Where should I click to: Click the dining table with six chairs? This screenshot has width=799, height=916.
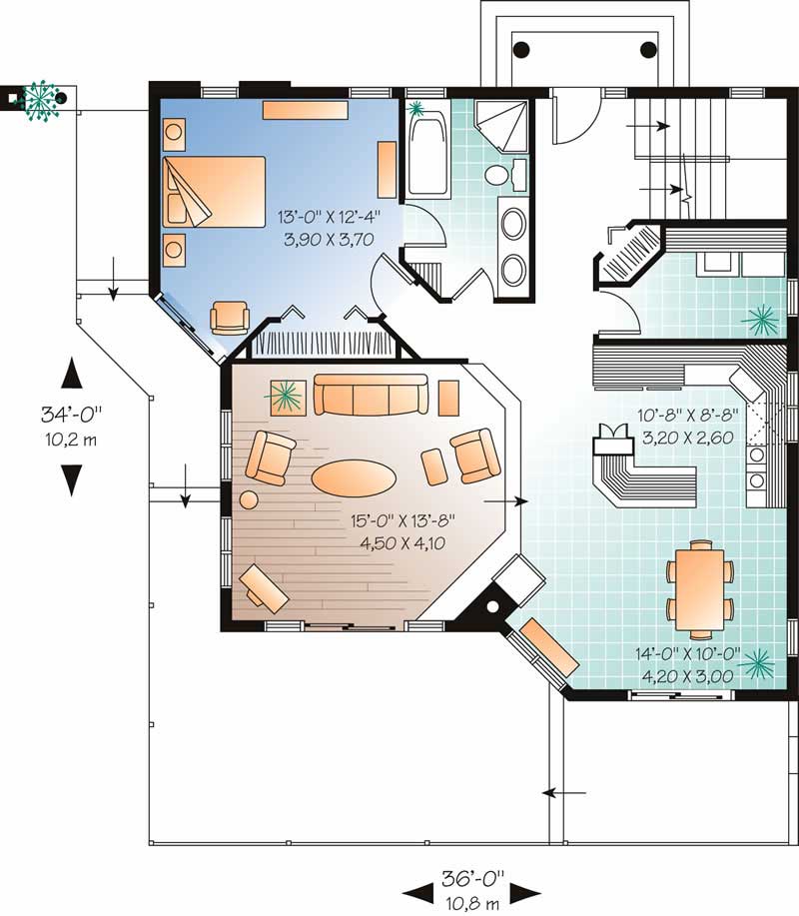coord(699,588)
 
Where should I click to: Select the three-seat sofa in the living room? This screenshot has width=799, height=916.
coord(370,395)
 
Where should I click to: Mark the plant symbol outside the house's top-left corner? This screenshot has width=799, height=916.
coord(41,97)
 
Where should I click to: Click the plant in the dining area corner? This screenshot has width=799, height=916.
coord(757,660)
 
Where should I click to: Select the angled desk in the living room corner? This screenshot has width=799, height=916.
coord(265,587)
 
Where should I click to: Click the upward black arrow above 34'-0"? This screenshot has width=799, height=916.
coord(71,374)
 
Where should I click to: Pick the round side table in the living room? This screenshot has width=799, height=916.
coord(248,499)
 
